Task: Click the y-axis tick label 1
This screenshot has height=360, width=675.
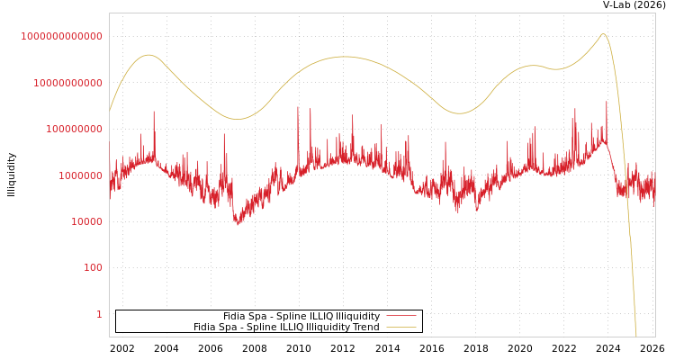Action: pyautogui.click(x=99, y=314)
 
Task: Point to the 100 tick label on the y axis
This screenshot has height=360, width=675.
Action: pyautogui.click(x=94, y=268)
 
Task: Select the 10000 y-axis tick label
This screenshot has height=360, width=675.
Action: pyautogui.click(x=87, y=221)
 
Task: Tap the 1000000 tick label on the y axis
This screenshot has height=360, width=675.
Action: pyautogui.click(x=81, y=175)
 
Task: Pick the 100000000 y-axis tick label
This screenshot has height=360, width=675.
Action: pyautogui.click(x=75, y=129)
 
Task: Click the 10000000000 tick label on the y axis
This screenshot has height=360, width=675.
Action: pyautogui.click(x=68, y=83)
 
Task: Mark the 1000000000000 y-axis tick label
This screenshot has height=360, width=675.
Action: pyautogui.click(x=62, y=36)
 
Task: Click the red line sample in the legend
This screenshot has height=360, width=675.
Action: pyautogui.click(x=401, y=317)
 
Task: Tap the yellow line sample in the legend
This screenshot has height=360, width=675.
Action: pyautogui.click(x=401, y=328)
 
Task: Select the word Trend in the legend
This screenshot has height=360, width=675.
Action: pyautogui.click(x=364, y=328)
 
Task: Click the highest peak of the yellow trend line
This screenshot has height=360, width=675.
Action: pyautogui.click(x=603, y=34)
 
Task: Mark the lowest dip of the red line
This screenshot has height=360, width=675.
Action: pyautogui.click(x=238, y=224)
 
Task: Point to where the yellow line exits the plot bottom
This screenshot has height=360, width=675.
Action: pyautogui.click(x=636, y=336)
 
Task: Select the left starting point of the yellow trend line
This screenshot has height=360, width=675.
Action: pyautogui.click(x=110, y=111)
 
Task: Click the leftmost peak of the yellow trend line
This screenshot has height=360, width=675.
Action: pyautogui.click(x=148, y=55)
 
